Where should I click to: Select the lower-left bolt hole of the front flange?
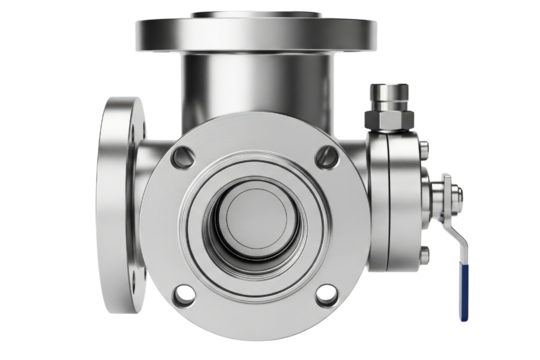(183, 295)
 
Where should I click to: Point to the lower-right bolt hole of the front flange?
(324, 294)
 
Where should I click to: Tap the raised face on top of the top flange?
(258, 14)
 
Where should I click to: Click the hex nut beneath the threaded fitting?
(389, 121)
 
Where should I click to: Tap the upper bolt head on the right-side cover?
(426, 151)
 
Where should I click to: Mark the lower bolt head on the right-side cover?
(426, 252)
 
